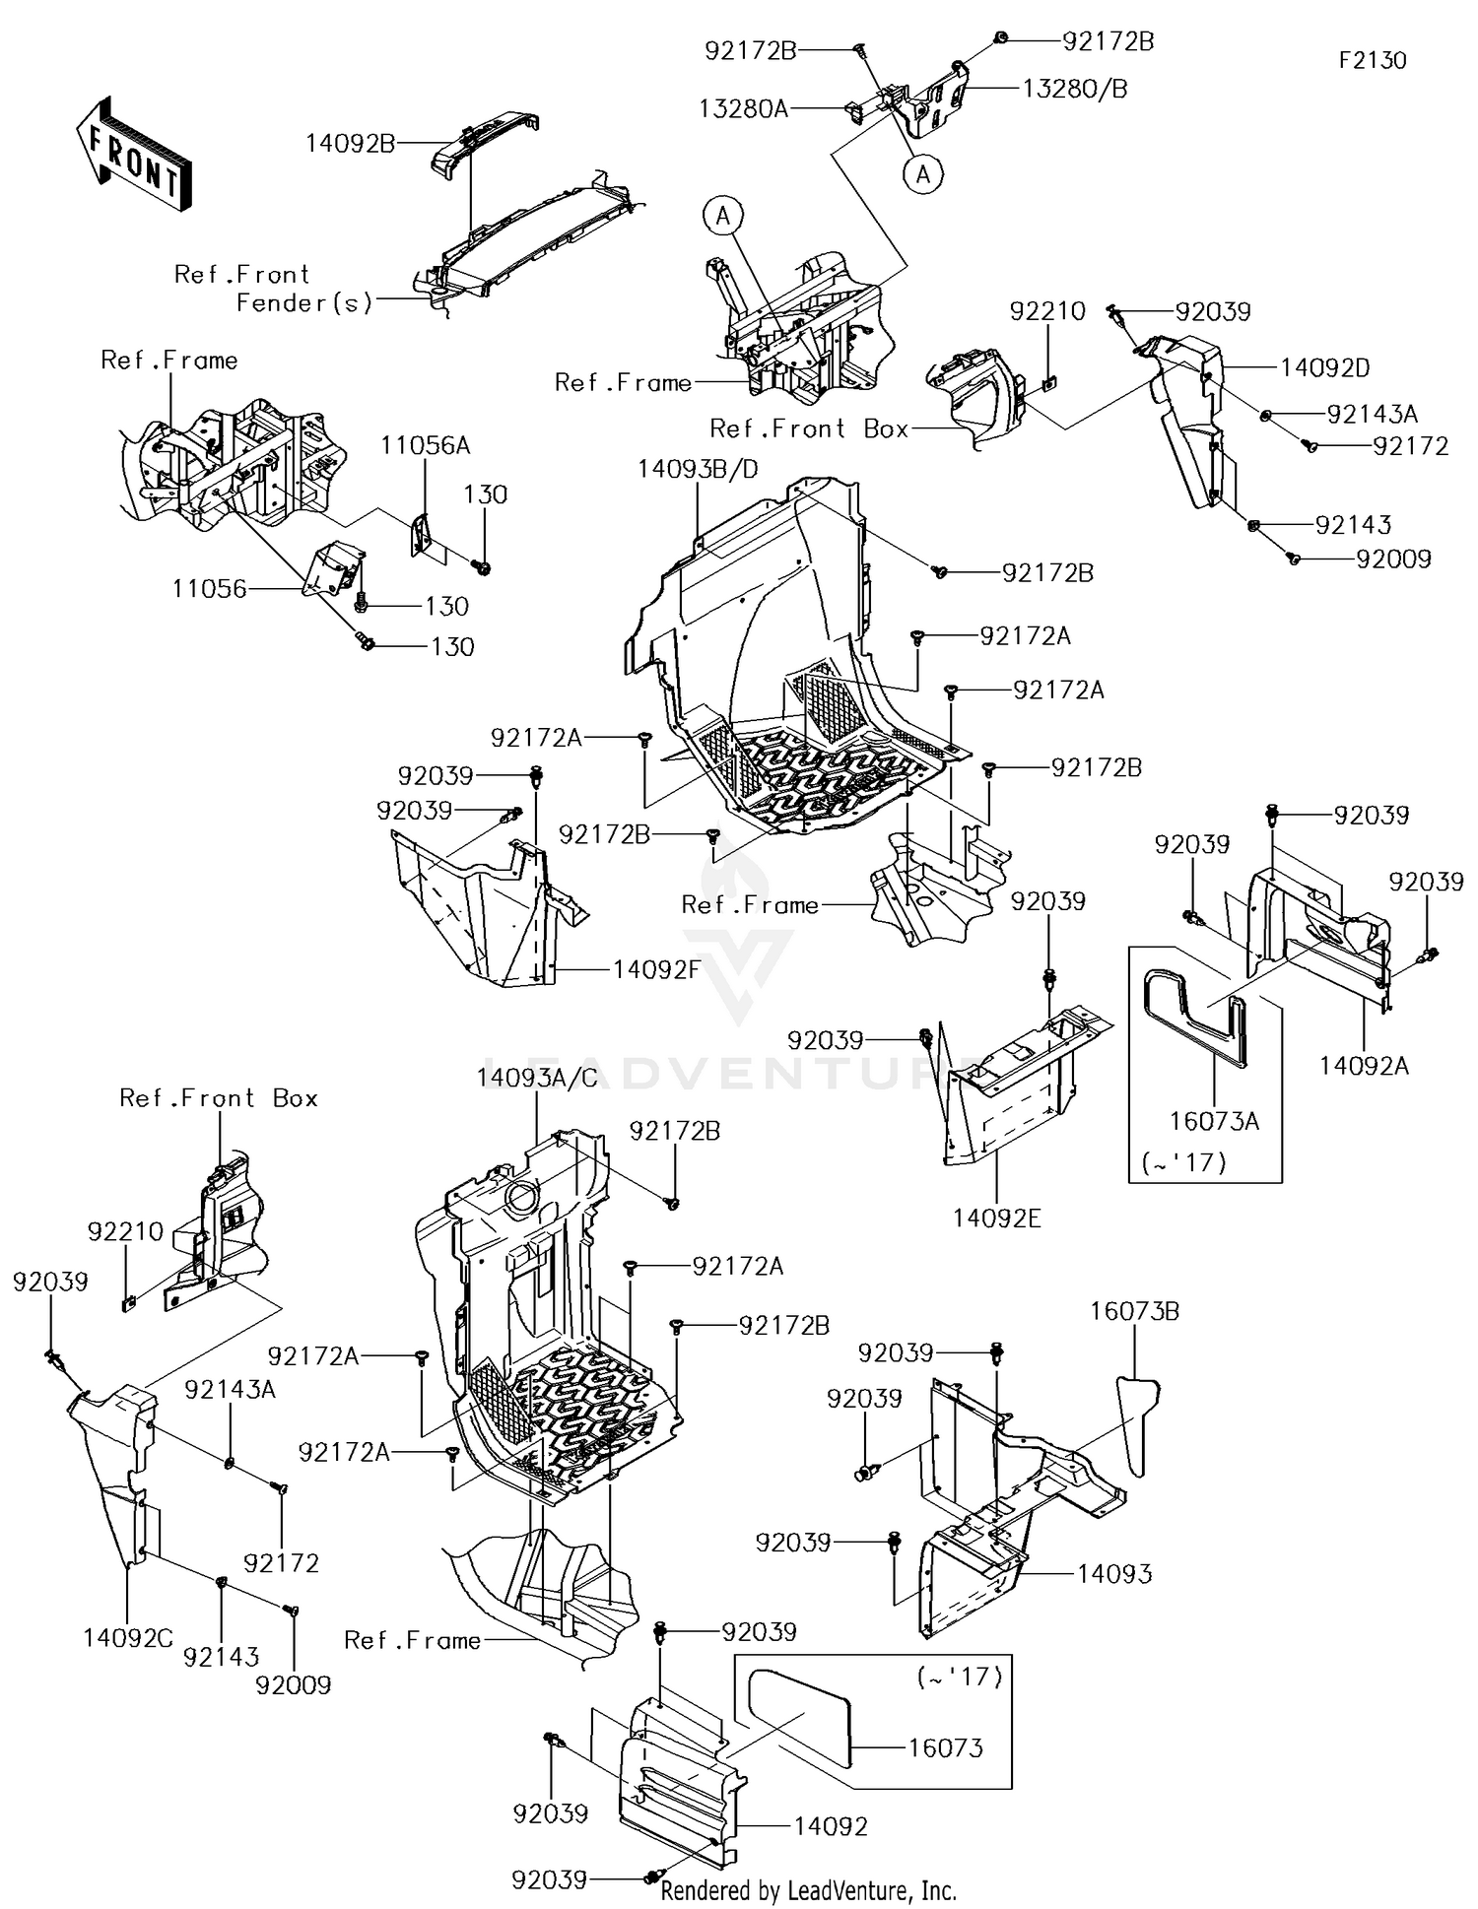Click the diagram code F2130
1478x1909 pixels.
(1372, 60)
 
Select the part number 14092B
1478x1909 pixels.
(350, 144)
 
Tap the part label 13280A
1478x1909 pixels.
(743, 108)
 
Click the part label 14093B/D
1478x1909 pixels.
(698, 469)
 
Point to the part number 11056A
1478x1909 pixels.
(426, 446)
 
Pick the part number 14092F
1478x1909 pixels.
(656, 969)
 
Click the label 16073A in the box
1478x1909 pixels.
(1214, 1121)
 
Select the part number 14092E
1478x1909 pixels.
(996, 1218)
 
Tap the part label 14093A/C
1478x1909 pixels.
(537, 1078)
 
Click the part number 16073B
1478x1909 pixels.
(1134, 1312)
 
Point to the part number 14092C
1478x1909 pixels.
(128, 1638)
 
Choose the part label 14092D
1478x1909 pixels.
(1324, 368)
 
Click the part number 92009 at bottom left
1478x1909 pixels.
(293, 1685)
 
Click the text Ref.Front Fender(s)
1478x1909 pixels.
(272, 289)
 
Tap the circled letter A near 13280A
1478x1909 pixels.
(922, 174)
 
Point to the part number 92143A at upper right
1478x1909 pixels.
(1373, 414)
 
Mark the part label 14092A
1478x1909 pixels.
(1364, 1066)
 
